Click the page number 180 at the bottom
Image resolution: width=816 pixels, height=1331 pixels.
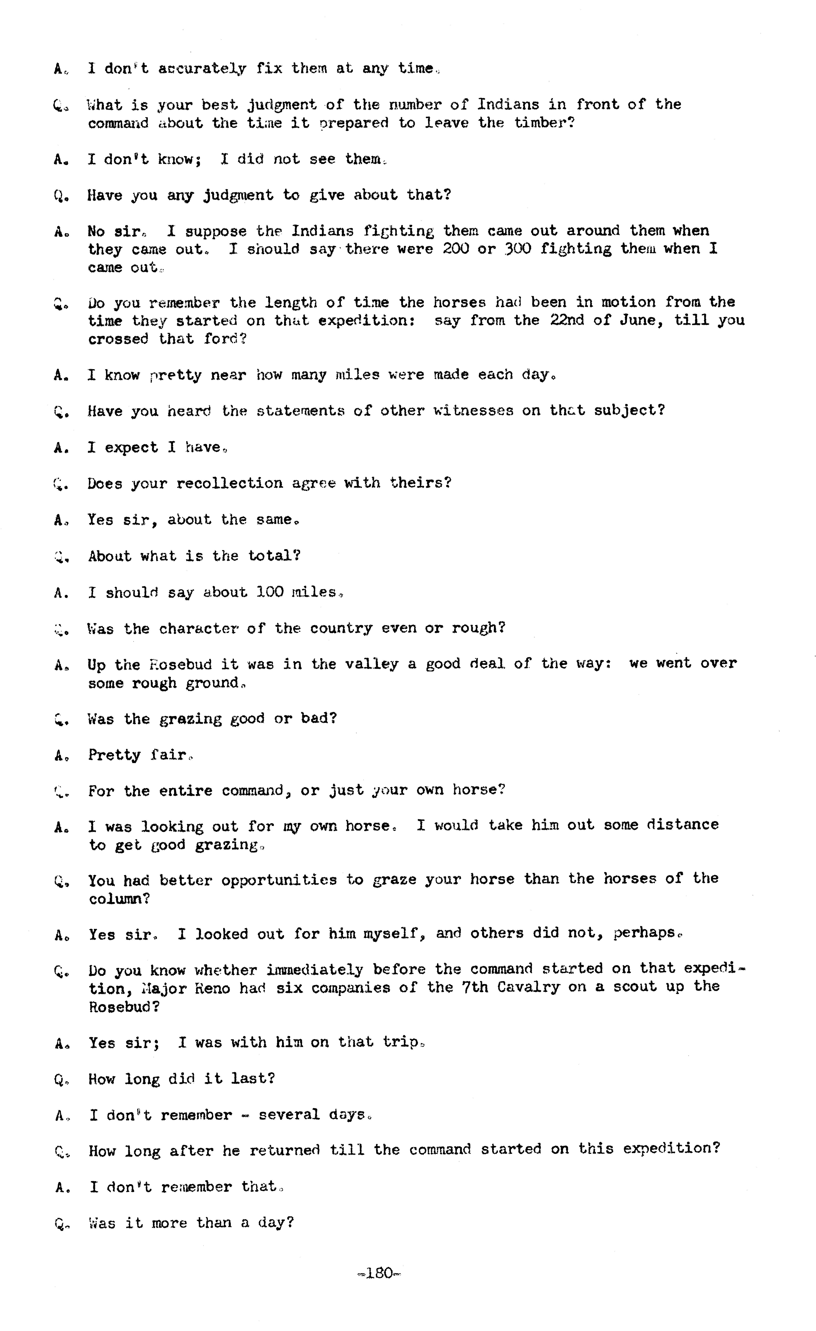point(379,1273)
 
